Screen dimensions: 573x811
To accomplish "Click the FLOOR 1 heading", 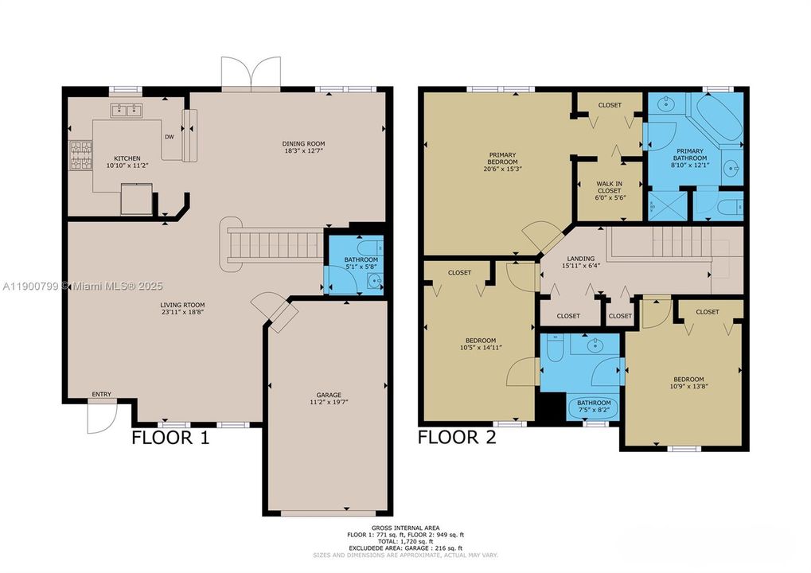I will pos(170,438).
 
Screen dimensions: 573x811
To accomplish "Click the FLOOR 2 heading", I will pos(457,438).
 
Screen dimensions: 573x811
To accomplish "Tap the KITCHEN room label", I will pos(127,158).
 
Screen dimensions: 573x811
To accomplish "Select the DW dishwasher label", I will pos(169,137).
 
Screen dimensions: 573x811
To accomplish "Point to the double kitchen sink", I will pos(125,110).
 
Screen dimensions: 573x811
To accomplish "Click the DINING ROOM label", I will pos(305,143).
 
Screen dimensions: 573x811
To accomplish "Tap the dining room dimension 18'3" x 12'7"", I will pos(305,150).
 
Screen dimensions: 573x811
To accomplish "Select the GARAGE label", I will pos(328,395).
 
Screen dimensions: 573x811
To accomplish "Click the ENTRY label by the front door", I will pos(101,395).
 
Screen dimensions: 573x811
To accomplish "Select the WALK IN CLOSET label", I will pos(609,187).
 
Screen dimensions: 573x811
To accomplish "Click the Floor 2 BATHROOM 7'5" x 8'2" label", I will pos(595,407).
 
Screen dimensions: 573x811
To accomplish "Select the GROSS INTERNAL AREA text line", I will pos(406,528).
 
